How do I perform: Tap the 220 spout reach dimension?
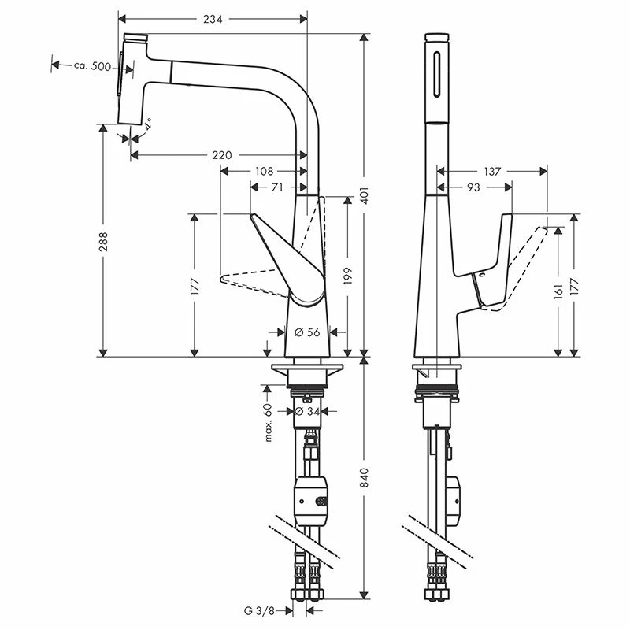[x=222, y=155]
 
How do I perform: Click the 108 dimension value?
[x=264, y=171]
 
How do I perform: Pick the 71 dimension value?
[x=277, y=187]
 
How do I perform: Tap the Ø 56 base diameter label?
[x=307, y=332]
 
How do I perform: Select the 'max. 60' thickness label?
[x=268, y=421]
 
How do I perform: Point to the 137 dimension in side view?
[x=493, y=171]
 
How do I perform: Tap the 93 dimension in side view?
[x=474, y=187]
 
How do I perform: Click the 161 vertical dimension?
[x=558, y=291]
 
